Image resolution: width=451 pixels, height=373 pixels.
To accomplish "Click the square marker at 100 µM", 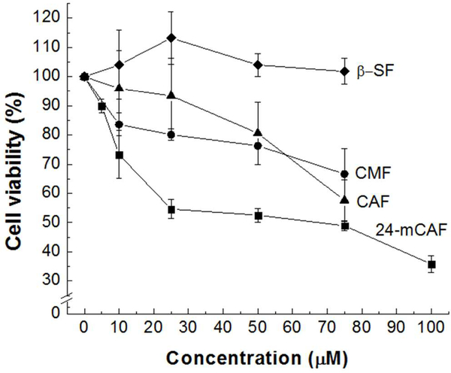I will pos(431,265).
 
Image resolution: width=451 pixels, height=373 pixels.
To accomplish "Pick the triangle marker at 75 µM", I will pos(345,199).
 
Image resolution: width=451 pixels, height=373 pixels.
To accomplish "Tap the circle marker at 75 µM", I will pos(345,174).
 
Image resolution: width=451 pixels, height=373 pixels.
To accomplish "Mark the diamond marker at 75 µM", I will pos(345,71).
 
